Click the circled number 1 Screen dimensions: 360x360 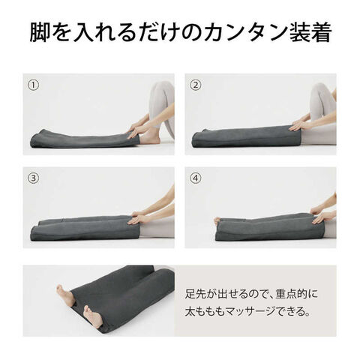tap(34, 84)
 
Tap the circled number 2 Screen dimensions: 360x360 tap(196, 84)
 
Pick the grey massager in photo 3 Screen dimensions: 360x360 tap(82, 226)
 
